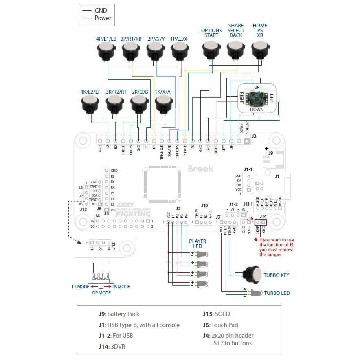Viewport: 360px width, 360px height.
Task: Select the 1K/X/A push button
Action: pyautogui.click(x=164, y=105)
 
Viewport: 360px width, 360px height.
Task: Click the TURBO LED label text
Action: pyautogui.click(x=277, y=293)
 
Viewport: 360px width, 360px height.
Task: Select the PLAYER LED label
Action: pyautogui.click(x=198, y=244)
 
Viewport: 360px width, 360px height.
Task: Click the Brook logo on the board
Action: pyautogui.click(x=200, y=169)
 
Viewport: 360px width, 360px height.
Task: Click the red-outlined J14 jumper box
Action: pyautogui.click(x=260, y=222)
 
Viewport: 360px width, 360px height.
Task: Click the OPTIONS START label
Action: pyautogui.click(x=211, y=33)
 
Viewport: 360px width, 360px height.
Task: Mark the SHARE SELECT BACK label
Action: pyautogui.click(x=236, y=30)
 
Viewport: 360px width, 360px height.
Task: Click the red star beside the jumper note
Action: pyautogui.click(x=255, y=240)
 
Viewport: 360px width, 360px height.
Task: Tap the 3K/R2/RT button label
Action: pyautogui.click(x=116, y=92)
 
